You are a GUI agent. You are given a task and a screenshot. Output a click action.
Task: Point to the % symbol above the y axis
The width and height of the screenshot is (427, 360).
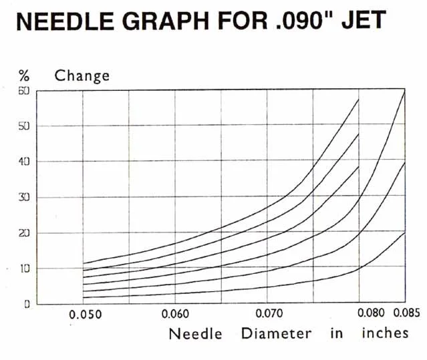(x=23, y=75)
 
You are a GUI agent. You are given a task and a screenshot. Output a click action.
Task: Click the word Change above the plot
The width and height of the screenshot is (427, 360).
(x=82, y=75)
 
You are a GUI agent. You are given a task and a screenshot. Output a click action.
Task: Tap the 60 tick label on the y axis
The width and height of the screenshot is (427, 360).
(x=23, y=91)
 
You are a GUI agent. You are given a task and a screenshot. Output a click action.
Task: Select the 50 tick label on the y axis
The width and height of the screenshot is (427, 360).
(x=23, y=126)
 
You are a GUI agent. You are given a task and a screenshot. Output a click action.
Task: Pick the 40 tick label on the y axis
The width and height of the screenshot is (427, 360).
(x=23, y=162)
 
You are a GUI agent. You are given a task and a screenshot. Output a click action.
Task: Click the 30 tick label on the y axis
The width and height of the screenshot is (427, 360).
(x=23, y=197)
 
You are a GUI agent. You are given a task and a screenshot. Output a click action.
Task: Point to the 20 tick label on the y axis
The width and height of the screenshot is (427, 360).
(x=23, y=232)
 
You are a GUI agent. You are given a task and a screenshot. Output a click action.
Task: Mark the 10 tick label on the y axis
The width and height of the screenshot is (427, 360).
(x=23, y=268)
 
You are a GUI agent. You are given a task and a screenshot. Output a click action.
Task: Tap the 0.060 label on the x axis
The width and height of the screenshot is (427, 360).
(x=175, y=313)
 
